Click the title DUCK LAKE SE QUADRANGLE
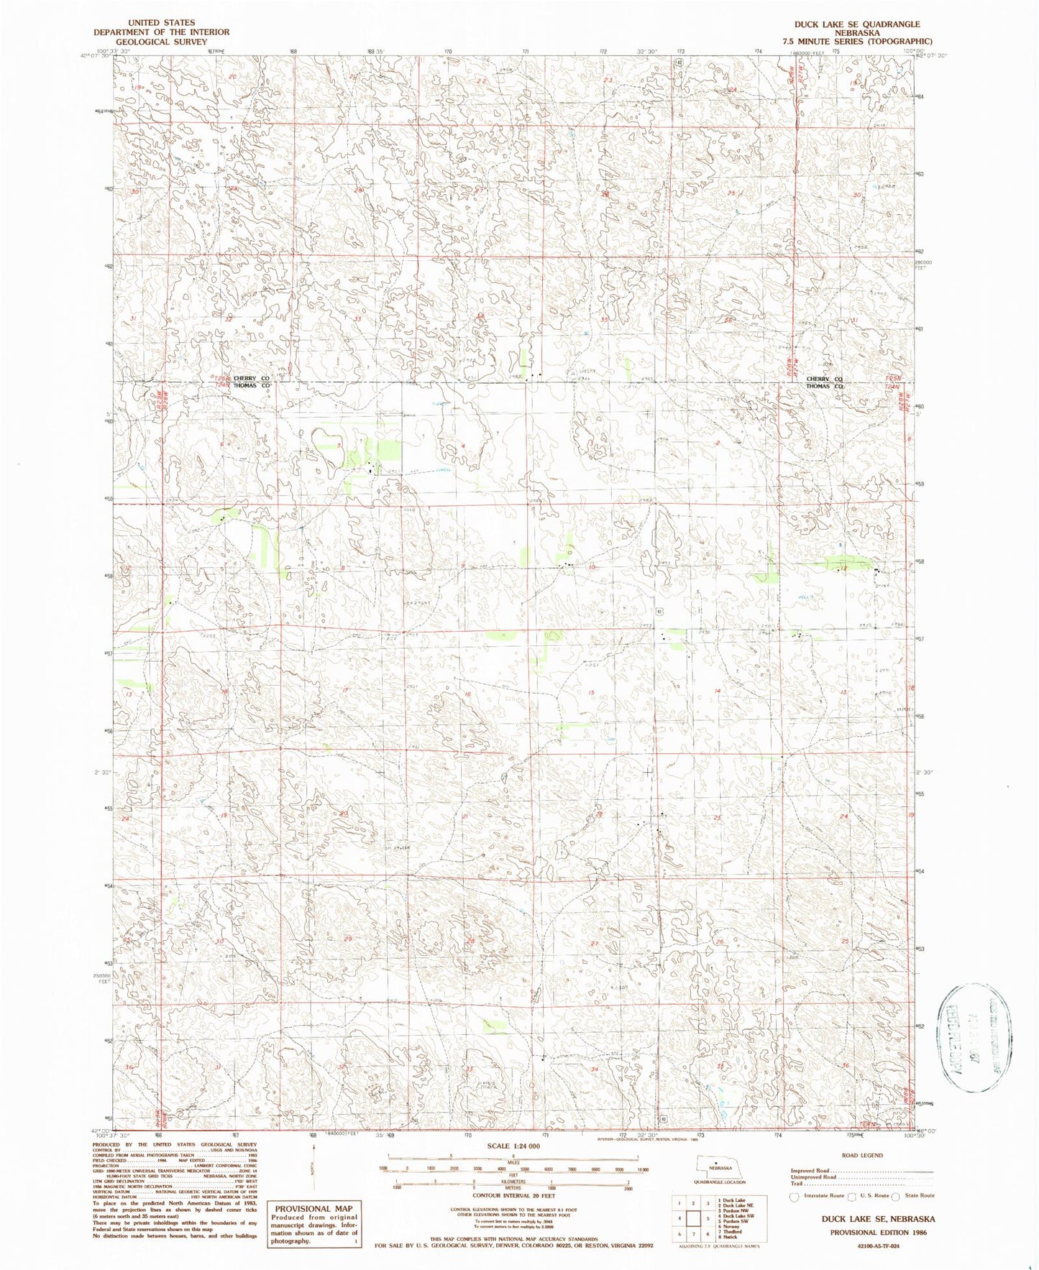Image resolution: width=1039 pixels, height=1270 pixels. click(856, 24)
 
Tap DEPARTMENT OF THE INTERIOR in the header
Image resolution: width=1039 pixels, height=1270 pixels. click(161, 32)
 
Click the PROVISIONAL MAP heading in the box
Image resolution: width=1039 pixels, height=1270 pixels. click(313, 1208)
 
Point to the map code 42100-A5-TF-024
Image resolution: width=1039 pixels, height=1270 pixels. click(872, 1246)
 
